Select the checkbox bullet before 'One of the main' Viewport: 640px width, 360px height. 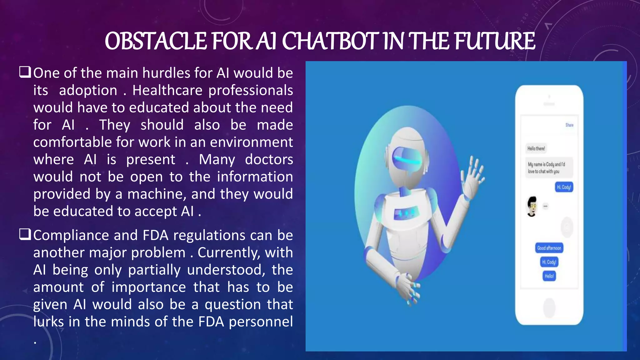[x=25, y=72]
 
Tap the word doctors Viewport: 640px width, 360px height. [x=269, y=159]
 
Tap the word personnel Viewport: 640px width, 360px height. [x=261, y=322]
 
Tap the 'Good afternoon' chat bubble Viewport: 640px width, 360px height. [x=549, y=248]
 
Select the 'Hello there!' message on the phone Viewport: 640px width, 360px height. [x=536, y=148]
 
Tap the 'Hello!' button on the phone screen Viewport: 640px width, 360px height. [x=549, y=276]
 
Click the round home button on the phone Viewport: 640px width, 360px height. [x=549, y=307]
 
